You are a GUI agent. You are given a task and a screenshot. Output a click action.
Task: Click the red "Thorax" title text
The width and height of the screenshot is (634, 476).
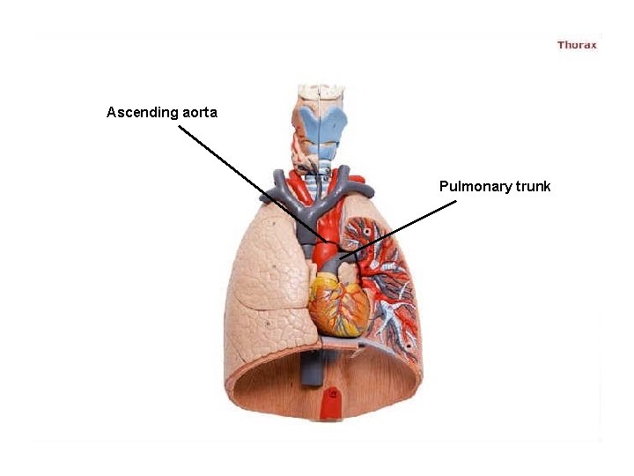[x=577, y=45]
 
